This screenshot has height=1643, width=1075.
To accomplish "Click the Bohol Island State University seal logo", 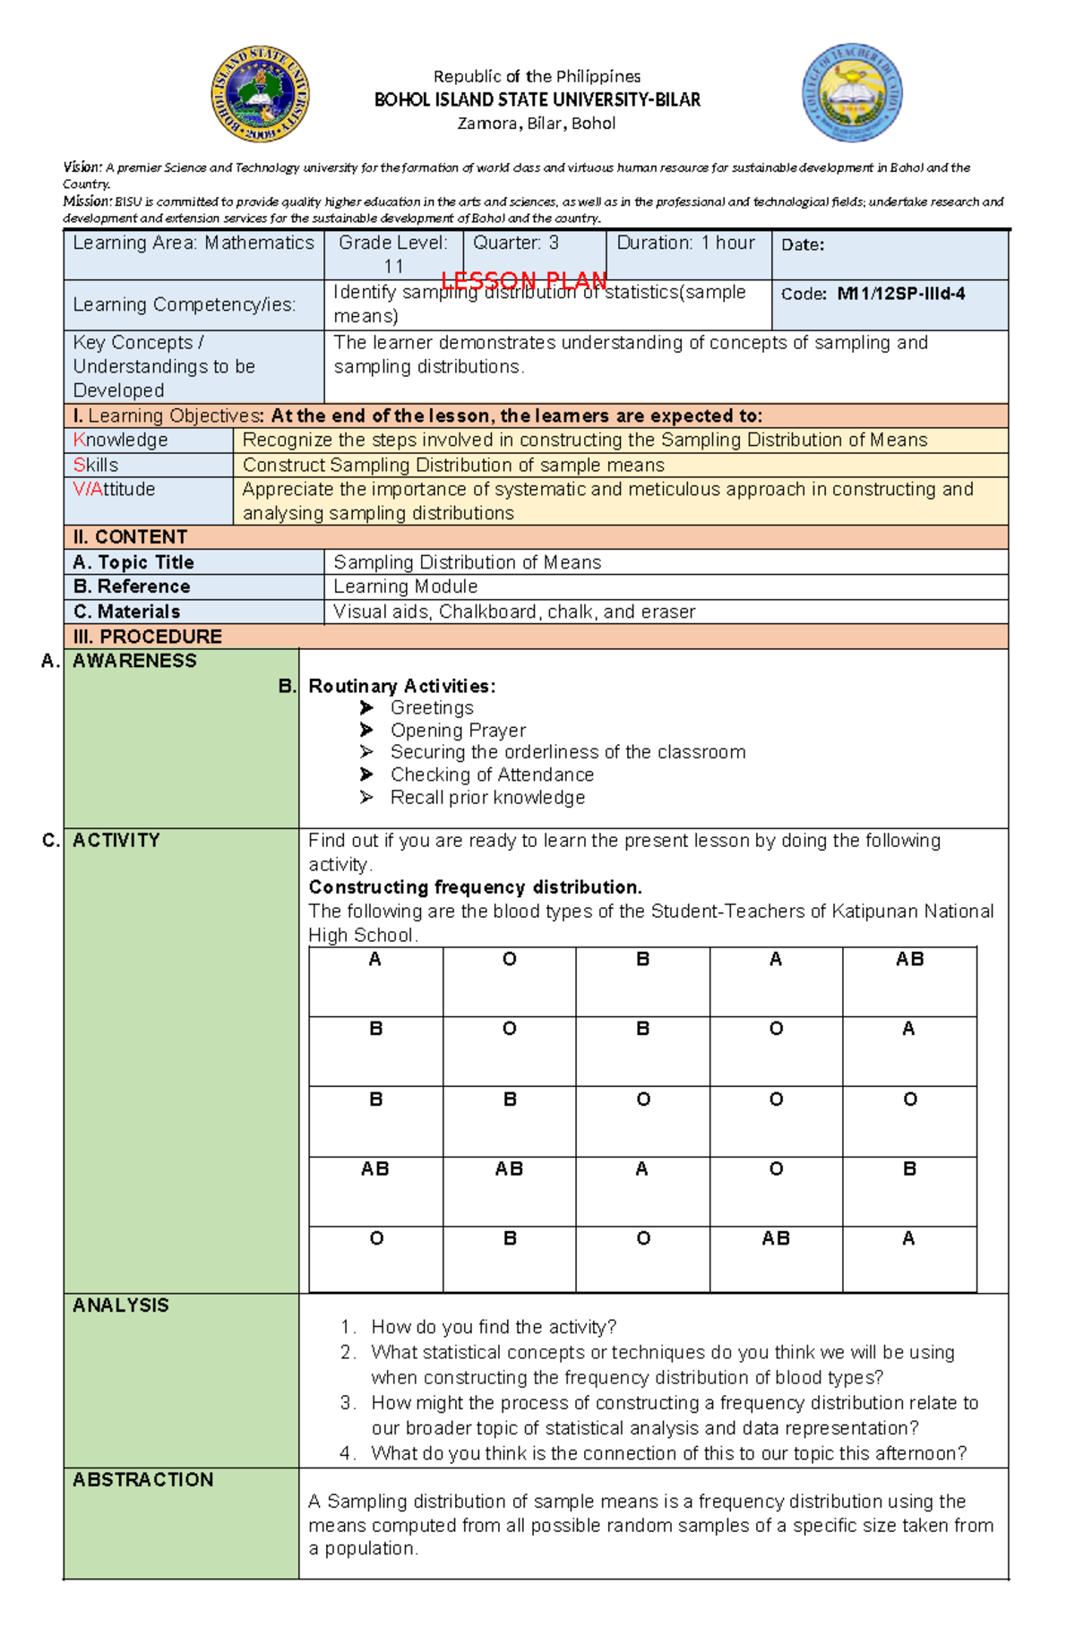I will [x=260, y=94].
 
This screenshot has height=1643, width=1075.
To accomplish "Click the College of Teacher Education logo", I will [x=851, y=92].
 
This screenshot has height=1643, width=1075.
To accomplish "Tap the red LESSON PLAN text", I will [x=524, y=281].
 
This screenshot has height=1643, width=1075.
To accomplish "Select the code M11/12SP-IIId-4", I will [x=900, y=294].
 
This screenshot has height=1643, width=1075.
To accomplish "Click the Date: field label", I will [x=803, y=245].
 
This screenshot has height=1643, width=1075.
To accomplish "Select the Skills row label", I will [x=96, y=465].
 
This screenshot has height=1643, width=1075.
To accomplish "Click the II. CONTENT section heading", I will [x=130, y=537].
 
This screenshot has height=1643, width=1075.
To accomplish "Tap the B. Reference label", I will [x=132, y=586].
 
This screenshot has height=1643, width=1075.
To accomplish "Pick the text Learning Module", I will [x=405, y=586].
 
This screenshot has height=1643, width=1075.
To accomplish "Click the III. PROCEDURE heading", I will [x=148, y=637].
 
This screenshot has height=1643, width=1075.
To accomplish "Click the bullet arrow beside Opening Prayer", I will [x=366, y=731].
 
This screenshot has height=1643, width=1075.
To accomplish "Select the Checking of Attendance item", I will [x=491, y=774].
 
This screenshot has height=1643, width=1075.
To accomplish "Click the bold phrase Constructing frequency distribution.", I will [x=475, y=887].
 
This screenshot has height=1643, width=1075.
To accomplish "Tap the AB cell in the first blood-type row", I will [x=909, y=960].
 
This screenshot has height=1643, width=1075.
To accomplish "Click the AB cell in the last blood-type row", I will [x=776, y=1239].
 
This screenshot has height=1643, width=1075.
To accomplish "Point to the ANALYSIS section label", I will [x=121, y=1305].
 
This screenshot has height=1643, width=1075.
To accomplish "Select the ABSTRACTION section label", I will [x=143, y=1480].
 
